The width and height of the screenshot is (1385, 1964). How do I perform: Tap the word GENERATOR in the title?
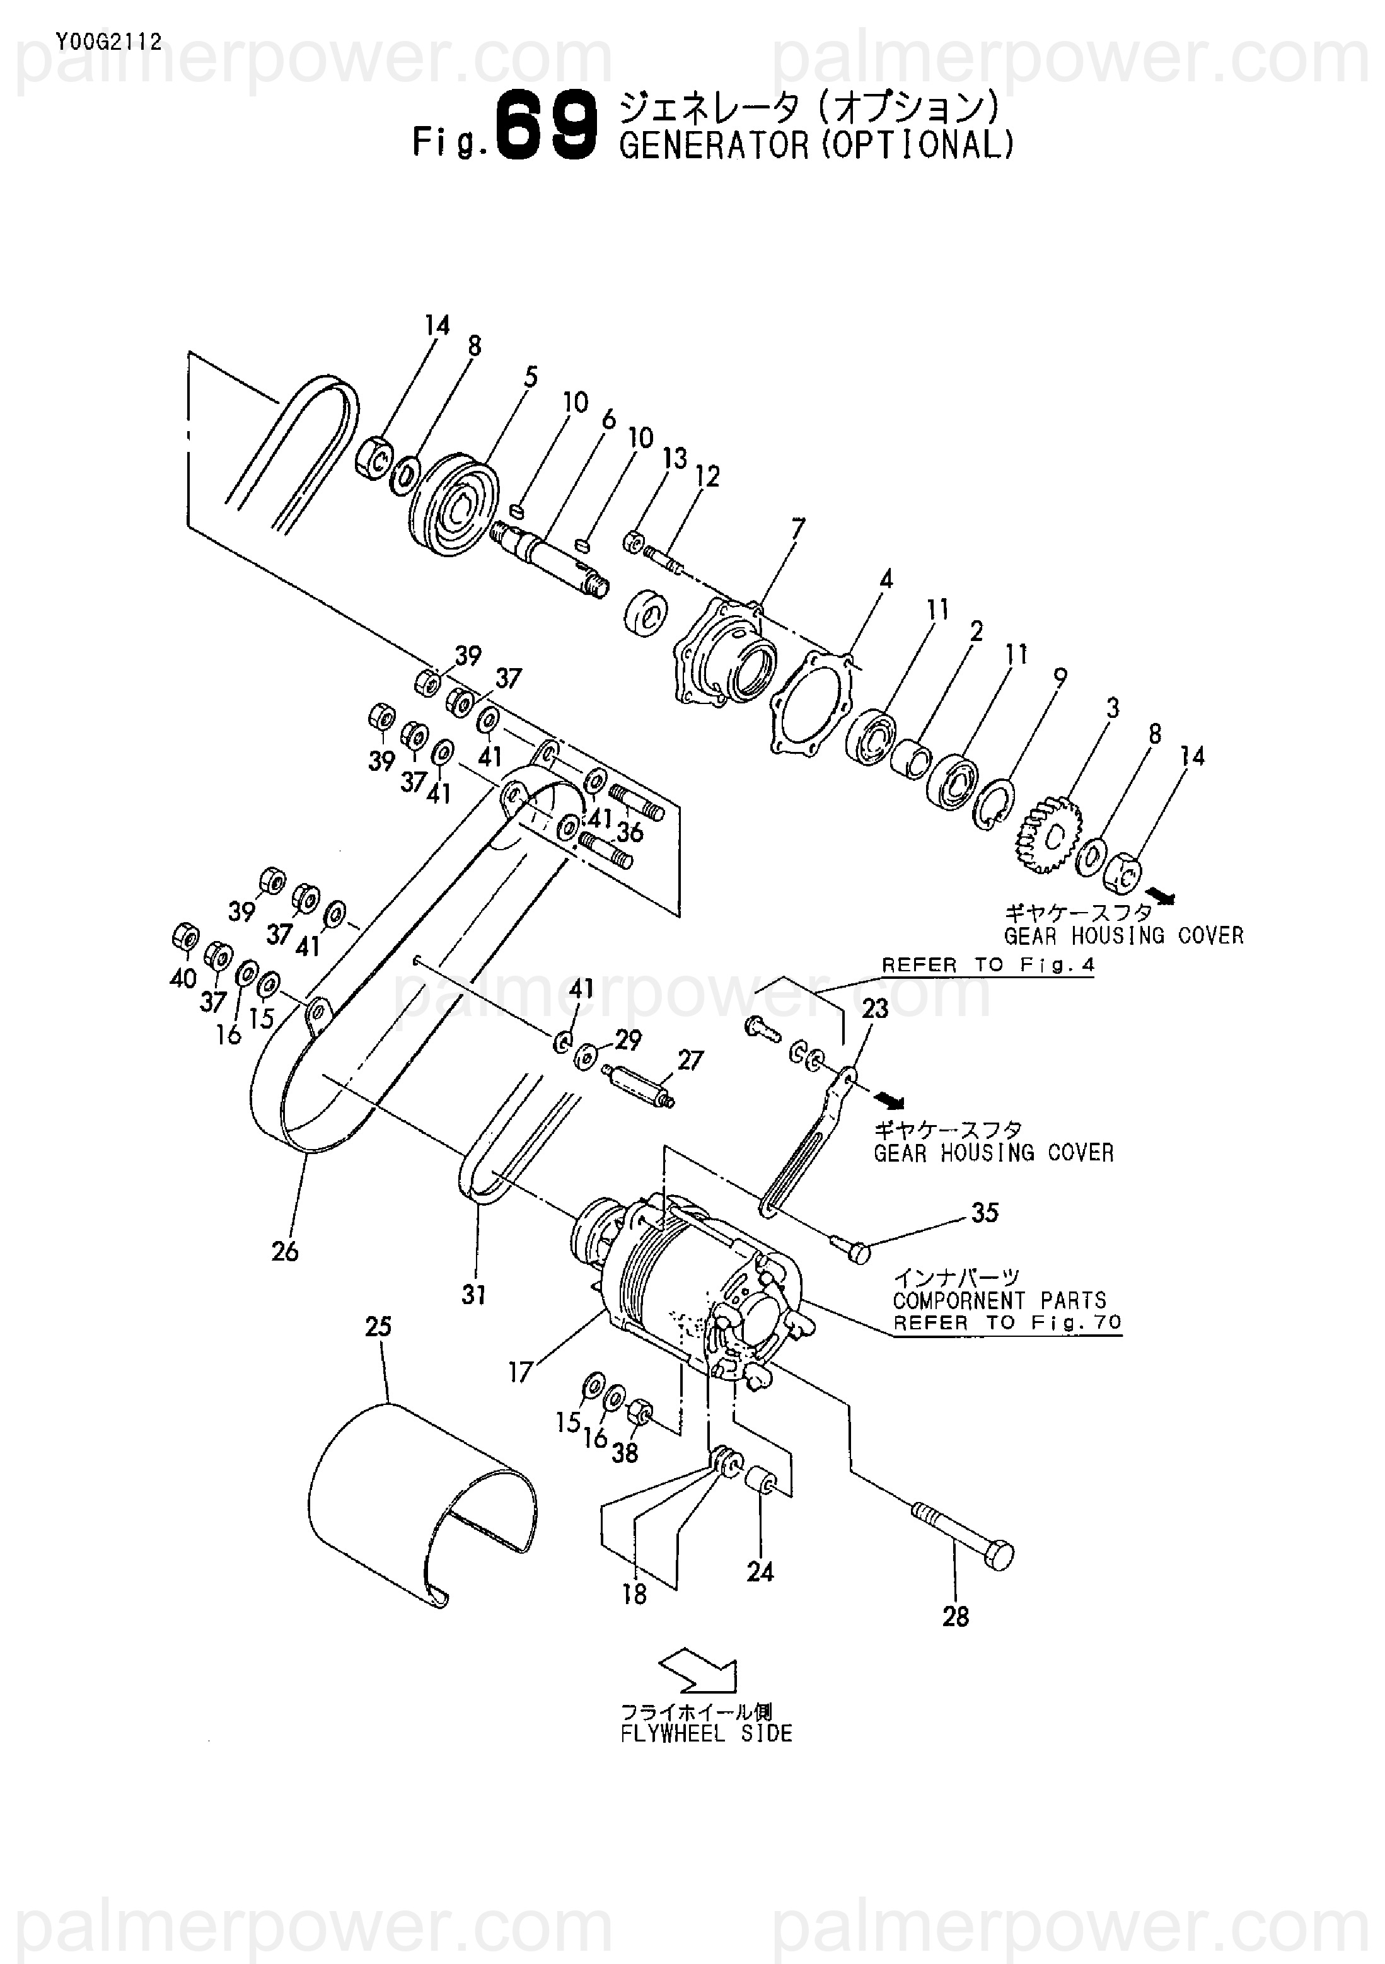[x=714, y=146]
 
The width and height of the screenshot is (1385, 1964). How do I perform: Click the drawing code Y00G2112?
[x=107, y=43]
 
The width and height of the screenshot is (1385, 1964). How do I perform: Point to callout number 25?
[x=378, y=1327]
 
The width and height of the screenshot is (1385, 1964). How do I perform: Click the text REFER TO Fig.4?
[x=988, y=965]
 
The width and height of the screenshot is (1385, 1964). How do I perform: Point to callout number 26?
[x=285, y=1252]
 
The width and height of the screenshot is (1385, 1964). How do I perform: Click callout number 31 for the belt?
[x=474, y=1295]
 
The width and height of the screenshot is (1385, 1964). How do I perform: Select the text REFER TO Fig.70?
[x=1007, y=1322]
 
